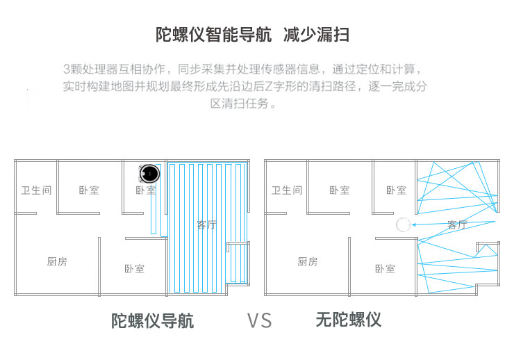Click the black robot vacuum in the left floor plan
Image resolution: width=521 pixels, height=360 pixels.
click(x=149, y=173)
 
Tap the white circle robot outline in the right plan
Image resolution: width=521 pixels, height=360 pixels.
click(x=404, y=224)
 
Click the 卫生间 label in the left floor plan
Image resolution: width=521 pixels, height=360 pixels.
click(x=36, y=190)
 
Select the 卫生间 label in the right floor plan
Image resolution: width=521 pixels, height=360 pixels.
click(x=287, y=190)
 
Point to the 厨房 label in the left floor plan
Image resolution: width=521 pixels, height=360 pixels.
click(x=57, y=262)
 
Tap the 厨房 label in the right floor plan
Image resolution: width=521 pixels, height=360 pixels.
click(x=307, y=262)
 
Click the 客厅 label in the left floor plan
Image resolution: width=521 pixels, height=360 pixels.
click(x=206, y=225)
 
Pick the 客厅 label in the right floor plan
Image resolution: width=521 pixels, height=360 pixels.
click(x=457, y=225)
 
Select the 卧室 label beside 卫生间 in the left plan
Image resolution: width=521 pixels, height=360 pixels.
click(x=89, y=190)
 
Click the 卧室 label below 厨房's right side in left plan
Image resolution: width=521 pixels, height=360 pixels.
click(x=134, y=268)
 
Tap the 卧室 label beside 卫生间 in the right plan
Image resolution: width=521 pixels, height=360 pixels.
click(x=339, y=190)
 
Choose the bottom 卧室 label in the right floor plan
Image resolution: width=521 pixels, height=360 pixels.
click(x=385, y=268)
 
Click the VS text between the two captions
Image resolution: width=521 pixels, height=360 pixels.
click(x=259, y=320)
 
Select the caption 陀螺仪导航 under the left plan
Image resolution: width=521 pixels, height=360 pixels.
click(x=152, y=321)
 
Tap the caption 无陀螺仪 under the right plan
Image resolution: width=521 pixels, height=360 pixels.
click(x=348, y=320)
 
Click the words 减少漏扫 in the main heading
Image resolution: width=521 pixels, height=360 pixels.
click(x=316, y=35)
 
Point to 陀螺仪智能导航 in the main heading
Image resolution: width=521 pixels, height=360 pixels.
click(x=214, y=35)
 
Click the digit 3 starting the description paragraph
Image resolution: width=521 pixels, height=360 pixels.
click(x=67, y=69)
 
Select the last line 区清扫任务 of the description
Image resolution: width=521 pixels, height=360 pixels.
click(x=239, y=104)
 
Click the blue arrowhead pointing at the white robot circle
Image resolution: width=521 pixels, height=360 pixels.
click(x=414, y=224)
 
